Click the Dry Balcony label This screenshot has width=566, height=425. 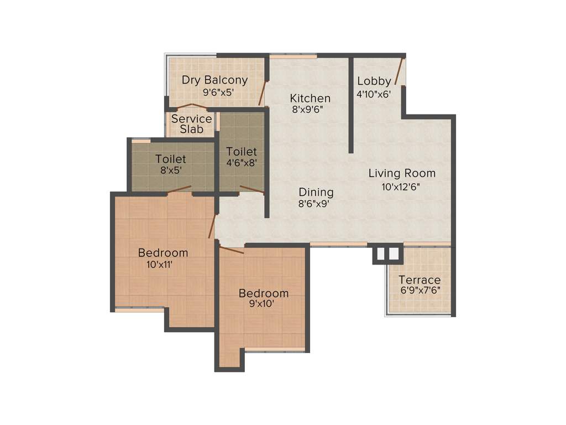pyautogui.click(x=214, y=80)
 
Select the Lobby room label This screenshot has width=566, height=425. pyautogui.click(x=374, y=81)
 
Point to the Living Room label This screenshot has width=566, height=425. pyautogui.click(x=402, y=173)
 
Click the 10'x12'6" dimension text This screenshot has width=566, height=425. pyautogui.click(x=401, y=186)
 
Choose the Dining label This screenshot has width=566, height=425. pyautogui.click(x=316, y=192)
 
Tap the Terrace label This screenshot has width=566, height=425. pyautogui.click(x=420, y=279)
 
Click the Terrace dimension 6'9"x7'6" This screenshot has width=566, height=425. pyautogui.click(x=420, y=290)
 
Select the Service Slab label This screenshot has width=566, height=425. pyautogui.click(x=191, y=124)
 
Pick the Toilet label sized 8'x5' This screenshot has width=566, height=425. pyautogui.click(x=170, y=159)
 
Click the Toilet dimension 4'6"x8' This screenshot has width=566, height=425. pyautogui.click(x=242, y=163)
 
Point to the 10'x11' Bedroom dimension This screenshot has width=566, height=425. pyautogui.click(x=159, y=265)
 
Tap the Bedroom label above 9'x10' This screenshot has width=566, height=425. pyautogui.click(x=263, y=293)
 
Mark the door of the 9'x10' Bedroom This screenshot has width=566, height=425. pyautogui.click(x=232, y=250)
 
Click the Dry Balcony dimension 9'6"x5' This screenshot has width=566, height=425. pyautogui.click(x=214, y=92)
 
